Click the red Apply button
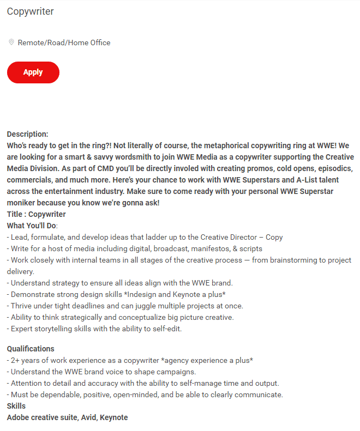pos(33,72)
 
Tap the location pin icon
pos(11,42)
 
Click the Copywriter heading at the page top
pos(30,11)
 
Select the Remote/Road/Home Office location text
pos(64,43)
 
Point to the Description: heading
pos(27,134)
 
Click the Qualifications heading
pos(31,349)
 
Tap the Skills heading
pos(16,406)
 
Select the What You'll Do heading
pos(32,226)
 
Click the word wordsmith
pos(136,157)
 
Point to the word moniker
pos(22,203)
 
